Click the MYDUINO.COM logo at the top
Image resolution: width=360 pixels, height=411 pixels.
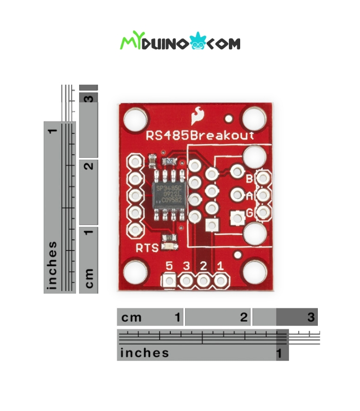click(180, 43)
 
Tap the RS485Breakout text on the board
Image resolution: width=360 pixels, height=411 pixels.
click(200, 136)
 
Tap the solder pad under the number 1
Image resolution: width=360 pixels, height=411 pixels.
click(221, 281)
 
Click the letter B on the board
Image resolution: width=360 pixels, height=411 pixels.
click(249, 179)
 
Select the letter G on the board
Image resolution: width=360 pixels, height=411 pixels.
click(249, 212)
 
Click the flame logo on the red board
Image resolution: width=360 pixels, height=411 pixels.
click(196, 116)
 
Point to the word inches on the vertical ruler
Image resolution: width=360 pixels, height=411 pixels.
click(52, 265)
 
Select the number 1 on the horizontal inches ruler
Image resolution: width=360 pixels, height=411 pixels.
click(279, 353)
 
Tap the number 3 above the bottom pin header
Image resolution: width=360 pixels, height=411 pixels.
click(186, 266)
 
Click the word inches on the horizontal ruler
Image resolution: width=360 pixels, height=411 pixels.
click(145, 353)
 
